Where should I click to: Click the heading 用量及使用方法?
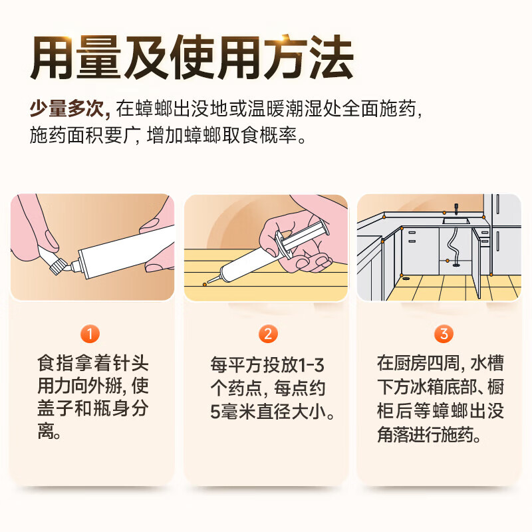coord(192,58)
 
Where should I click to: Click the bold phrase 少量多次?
coord(67,109)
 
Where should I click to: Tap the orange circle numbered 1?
coord(90,334)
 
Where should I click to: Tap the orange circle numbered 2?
coord(268,334)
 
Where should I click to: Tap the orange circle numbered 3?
coord(444,334)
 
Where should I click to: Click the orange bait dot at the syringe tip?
coord(205,285)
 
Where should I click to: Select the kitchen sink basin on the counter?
coord(456,221)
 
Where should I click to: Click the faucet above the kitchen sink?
coord(456,208)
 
